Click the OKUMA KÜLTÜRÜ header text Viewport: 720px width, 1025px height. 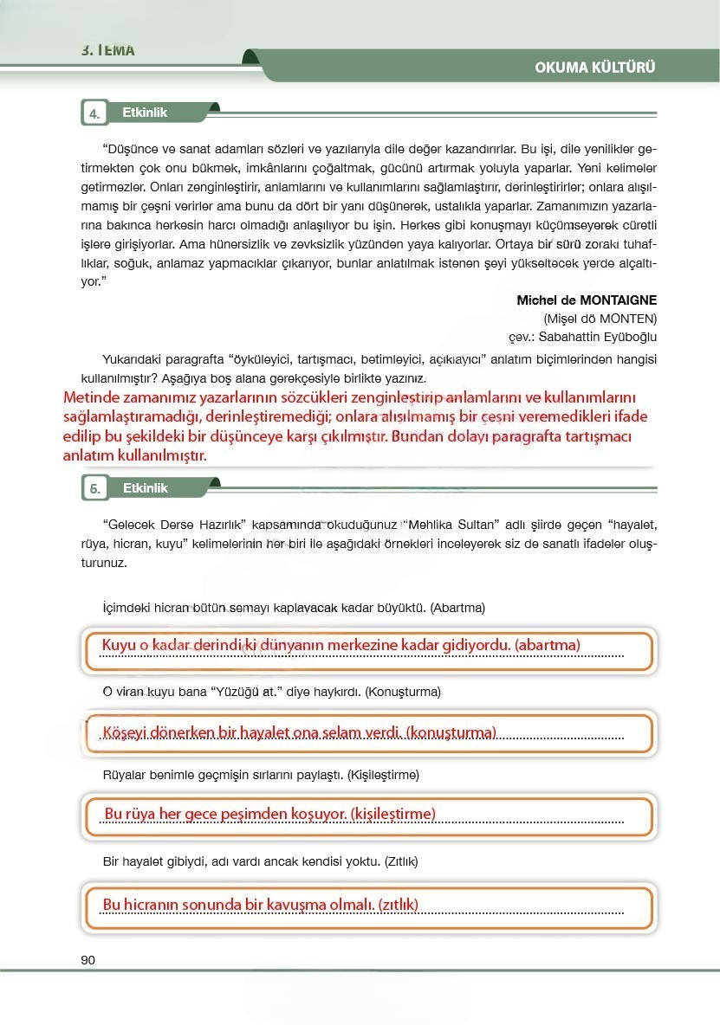[594, 68]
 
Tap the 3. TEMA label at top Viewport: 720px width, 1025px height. [108, 49]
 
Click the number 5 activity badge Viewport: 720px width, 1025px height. [94, 489]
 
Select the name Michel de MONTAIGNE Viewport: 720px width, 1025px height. [587, 300]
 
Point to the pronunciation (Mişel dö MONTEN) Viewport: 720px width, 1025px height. [600, 318]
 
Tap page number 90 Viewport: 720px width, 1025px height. [88, 959]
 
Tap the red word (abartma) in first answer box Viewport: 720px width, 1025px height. [547, 645]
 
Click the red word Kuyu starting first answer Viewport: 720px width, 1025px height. [119, 645]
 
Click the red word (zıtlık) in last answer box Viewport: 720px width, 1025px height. [398, 905]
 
